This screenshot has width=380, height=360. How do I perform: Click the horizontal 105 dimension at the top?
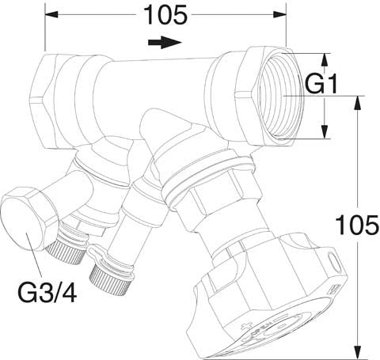pos(166,15)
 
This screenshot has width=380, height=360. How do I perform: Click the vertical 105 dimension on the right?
pos(358,225)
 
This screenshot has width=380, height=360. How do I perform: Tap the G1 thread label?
pos(321,84)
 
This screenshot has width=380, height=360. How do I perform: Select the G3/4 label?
pos(47,292)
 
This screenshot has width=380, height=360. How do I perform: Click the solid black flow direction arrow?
pos(165,42)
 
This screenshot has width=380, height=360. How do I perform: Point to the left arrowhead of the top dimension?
pos(51,14)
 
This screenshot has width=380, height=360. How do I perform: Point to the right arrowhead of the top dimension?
pos(279,14)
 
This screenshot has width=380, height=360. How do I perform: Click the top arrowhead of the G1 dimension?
pos(325,60)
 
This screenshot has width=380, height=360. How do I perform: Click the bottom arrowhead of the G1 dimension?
pos(325,131)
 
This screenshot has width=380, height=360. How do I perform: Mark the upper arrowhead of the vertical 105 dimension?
pos(358,102)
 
